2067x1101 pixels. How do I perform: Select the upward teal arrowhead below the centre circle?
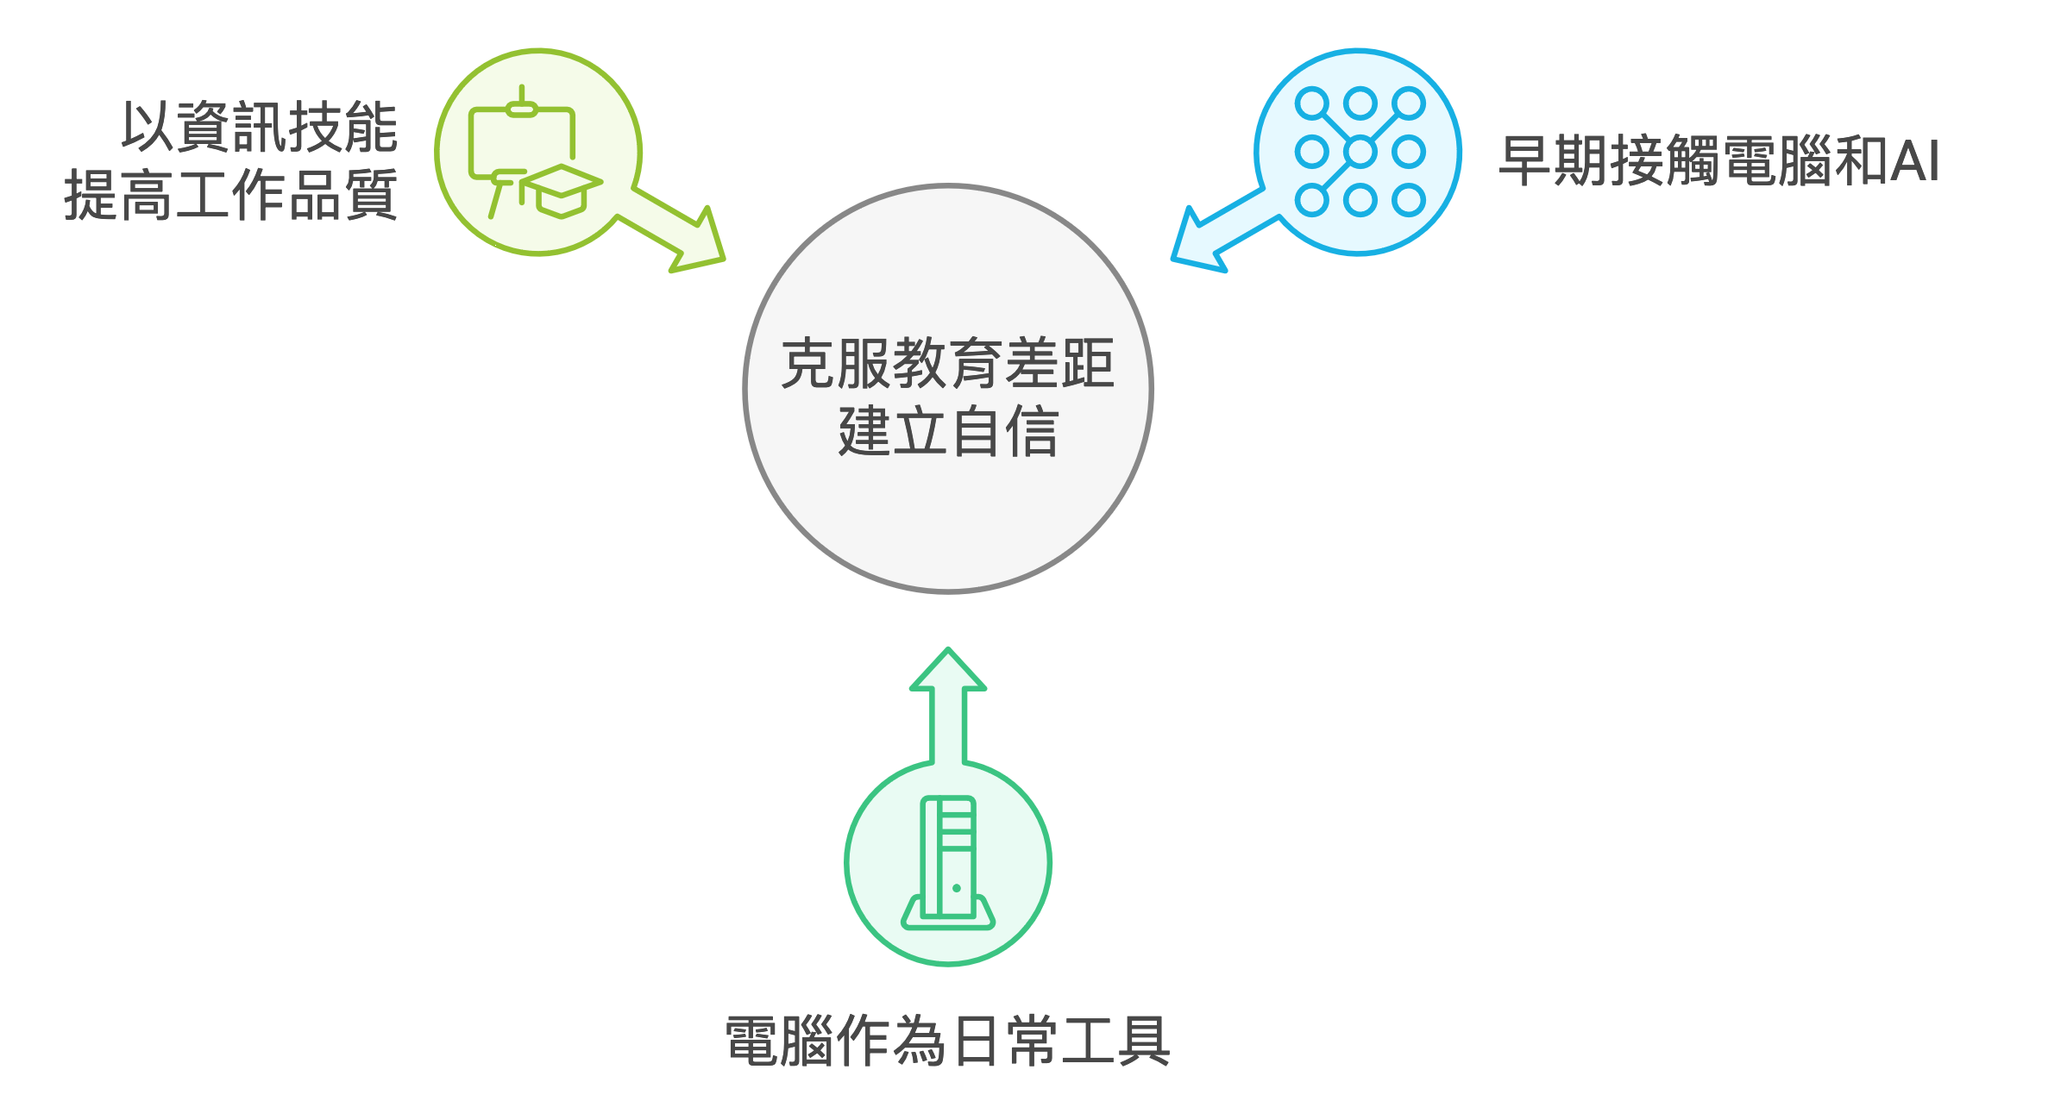point(948,672)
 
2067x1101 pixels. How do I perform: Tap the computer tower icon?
point(948,862)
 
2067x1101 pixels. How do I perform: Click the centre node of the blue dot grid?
point(1360,153)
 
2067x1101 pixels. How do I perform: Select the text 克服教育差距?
point(947,364)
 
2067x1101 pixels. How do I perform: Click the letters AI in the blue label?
point(1915,161)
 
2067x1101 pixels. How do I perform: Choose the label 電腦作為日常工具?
point(947,1041)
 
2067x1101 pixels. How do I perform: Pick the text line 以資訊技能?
point(259,127)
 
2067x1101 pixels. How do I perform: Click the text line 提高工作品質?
point(230,195)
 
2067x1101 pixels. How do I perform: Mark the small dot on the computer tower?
point(957,888)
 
